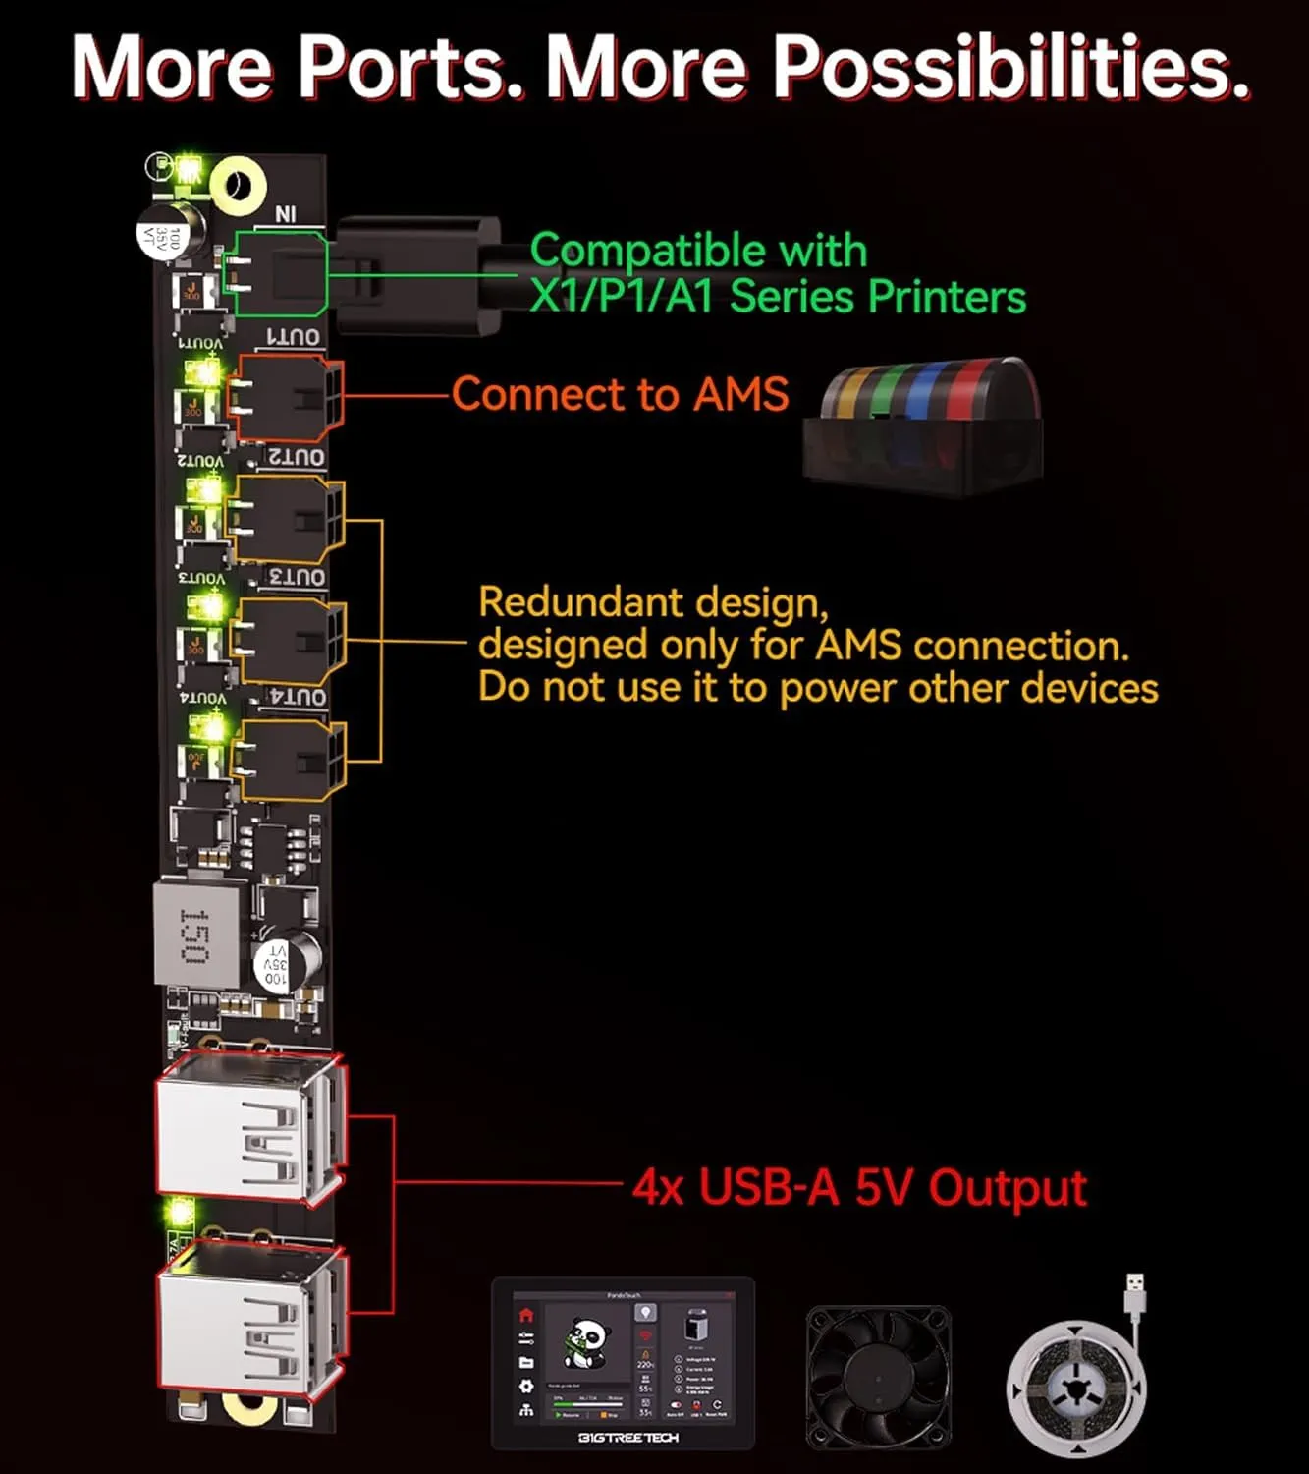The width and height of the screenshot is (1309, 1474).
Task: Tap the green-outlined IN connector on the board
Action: pos(276,272)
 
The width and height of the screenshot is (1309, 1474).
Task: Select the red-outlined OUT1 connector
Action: pos(286,397)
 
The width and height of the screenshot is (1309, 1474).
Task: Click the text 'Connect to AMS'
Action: pos(620,394)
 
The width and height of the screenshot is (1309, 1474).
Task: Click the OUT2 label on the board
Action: pos(298,457)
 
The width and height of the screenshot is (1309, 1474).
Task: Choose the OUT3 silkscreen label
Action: pos(298,577)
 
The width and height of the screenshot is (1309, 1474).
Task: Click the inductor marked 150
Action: pos(196,935)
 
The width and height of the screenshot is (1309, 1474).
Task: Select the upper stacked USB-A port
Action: pos(249,1128)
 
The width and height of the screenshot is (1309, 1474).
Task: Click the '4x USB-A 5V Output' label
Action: pos(859,1187)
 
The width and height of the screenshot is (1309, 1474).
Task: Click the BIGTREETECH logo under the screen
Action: pos(627,1438)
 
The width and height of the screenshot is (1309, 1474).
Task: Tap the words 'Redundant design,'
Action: pos(653,601)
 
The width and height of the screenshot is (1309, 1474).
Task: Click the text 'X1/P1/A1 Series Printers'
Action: pos(778,296)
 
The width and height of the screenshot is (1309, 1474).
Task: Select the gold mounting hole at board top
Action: pos(239,186)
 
